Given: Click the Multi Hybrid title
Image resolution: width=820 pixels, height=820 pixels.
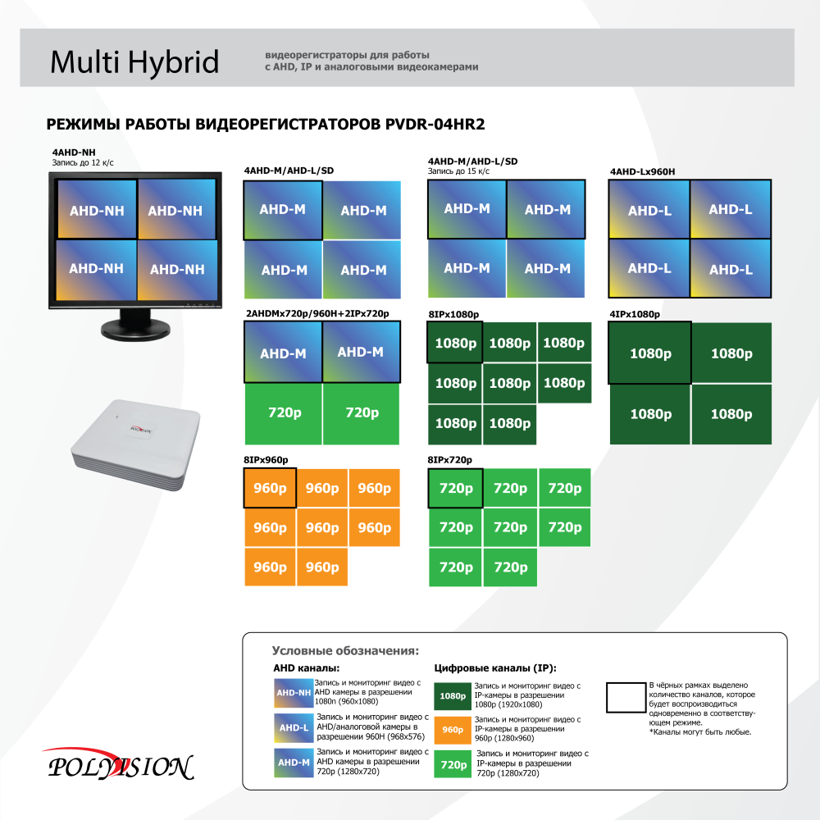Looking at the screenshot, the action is point(134,62).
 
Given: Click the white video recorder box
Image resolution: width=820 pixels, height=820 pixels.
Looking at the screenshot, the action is point(135,444).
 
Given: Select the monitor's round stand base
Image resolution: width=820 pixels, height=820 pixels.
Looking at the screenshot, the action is point(135,330).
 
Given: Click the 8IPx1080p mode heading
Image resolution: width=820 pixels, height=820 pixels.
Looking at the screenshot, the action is point(453,314).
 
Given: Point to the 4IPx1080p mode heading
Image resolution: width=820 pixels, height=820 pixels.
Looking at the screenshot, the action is point(635,314).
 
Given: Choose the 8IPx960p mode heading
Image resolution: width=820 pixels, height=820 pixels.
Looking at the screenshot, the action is point(266,460).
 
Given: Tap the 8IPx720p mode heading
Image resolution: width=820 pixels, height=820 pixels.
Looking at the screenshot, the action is point(449,460).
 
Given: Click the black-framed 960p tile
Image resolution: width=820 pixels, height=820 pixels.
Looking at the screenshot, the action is point(270,488).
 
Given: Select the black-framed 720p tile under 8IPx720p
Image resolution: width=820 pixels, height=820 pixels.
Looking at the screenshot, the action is point(455,488).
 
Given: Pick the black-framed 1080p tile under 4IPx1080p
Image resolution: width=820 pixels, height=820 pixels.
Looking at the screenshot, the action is point(649,353).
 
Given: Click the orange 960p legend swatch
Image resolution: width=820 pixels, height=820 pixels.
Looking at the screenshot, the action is point(453,730).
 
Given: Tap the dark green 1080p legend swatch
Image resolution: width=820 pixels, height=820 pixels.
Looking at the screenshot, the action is point(453,696).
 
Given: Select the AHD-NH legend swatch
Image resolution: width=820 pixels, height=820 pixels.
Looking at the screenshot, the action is point(294,692).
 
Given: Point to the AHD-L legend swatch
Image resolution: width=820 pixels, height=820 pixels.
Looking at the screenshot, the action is point(294,727).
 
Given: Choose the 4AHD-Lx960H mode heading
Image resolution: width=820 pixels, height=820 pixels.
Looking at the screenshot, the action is point(642,171).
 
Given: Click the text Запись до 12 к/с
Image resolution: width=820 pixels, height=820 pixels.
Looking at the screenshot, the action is point(83,162).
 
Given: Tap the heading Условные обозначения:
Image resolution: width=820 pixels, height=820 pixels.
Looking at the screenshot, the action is point(345,650).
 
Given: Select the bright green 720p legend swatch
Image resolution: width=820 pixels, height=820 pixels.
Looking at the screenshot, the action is point(453,764).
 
